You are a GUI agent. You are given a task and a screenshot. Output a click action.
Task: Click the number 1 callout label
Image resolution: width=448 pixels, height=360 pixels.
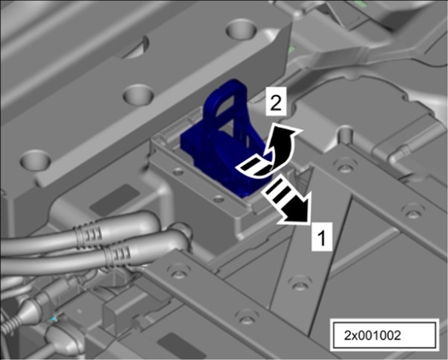point(322,236)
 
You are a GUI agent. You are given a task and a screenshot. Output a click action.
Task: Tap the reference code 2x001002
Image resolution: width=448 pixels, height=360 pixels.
point(373,335)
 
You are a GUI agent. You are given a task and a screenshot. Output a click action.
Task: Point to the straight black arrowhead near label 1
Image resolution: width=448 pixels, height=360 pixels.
point(297,210)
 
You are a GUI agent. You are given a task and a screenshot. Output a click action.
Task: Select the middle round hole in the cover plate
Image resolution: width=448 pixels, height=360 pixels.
point(139,95)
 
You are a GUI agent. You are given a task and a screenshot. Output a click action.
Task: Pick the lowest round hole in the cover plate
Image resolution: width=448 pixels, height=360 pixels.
point(36,160)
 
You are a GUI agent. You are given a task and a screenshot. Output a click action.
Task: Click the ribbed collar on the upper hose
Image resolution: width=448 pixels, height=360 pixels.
point(88,233)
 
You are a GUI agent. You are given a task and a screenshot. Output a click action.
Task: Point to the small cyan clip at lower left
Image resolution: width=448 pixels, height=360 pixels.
point(54,318)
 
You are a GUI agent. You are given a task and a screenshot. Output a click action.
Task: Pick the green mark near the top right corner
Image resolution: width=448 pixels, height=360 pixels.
point(291,51)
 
